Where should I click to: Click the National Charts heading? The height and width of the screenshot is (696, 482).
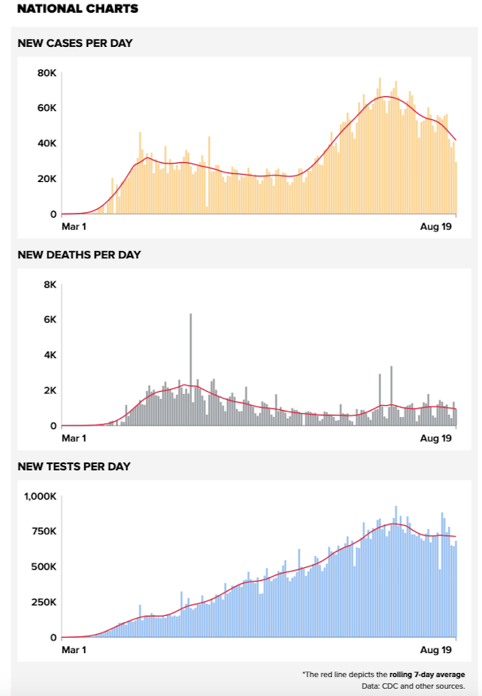[77, 9]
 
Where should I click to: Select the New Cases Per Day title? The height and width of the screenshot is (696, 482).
[75, 43]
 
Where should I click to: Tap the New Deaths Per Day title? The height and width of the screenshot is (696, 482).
[79, 254]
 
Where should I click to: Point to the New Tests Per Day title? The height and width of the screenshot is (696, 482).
[74, 466]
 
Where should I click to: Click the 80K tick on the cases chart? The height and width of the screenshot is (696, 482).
[47, 73]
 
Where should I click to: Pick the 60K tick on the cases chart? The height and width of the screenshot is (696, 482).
[47, 108]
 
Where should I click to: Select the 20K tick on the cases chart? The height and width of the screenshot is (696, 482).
[47, 179]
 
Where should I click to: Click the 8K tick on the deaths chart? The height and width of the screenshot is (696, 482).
[49, 284]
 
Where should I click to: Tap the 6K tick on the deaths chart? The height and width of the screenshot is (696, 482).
[49, 319]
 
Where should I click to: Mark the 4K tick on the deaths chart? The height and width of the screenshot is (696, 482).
[49, 355]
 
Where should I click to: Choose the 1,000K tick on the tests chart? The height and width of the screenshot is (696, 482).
[39, 496]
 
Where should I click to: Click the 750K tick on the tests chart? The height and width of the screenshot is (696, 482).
[43, 532]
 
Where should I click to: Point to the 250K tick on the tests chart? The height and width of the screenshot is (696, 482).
[43, 602]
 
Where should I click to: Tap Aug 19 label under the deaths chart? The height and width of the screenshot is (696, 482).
[436, 438]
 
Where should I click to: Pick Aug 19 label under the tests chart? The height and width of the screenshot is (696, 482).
[436, 649]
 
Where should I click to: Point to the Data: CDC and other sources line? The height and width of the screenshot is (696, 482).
[413, 686]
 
